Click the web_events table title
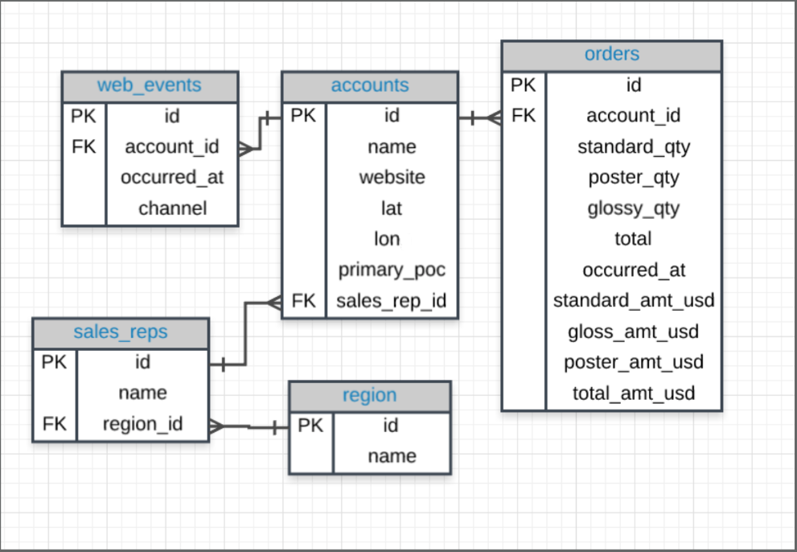coord(150,85)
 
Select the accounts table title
coord(370,85)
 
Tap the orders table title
coord(612,54)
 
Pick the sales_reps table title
coord(121,332)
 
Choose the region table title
coord(369,395)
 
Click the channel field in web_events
coord(172,208)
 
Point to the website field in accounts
coord(392,177)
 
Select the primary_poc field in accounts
coord(392,270)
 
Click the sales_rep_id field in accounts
coord(392,302)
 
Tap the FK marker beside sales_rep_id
coord(303,302)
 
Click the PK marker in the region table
coord(310,425)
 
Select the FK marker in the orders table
coord(523,115)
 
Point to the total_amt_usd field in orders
coord(634,393)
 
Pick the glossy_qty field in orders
coord(634,208)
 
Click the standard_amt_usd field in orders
coord(634,301)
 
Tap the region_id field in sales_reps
coord(142,424)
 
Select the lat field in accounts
coord(392,208)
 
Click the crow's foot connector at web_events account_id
coord(248,148)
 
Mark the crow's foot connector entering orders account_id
coord(492,118)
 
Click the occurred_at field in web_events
coord(172,177)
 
